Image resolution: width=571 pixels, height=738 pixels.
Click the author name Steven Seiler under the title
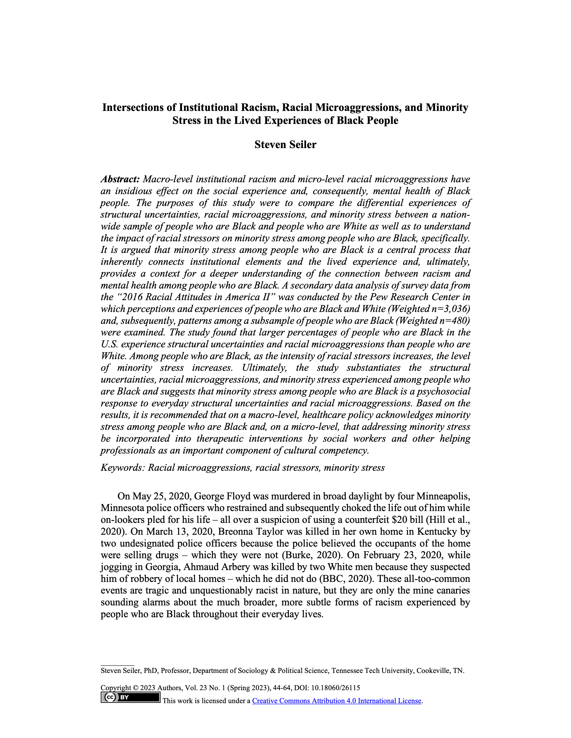click(285, 145)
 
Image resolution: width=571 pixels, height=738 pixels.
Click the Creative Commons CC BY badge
click(130, 697)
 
